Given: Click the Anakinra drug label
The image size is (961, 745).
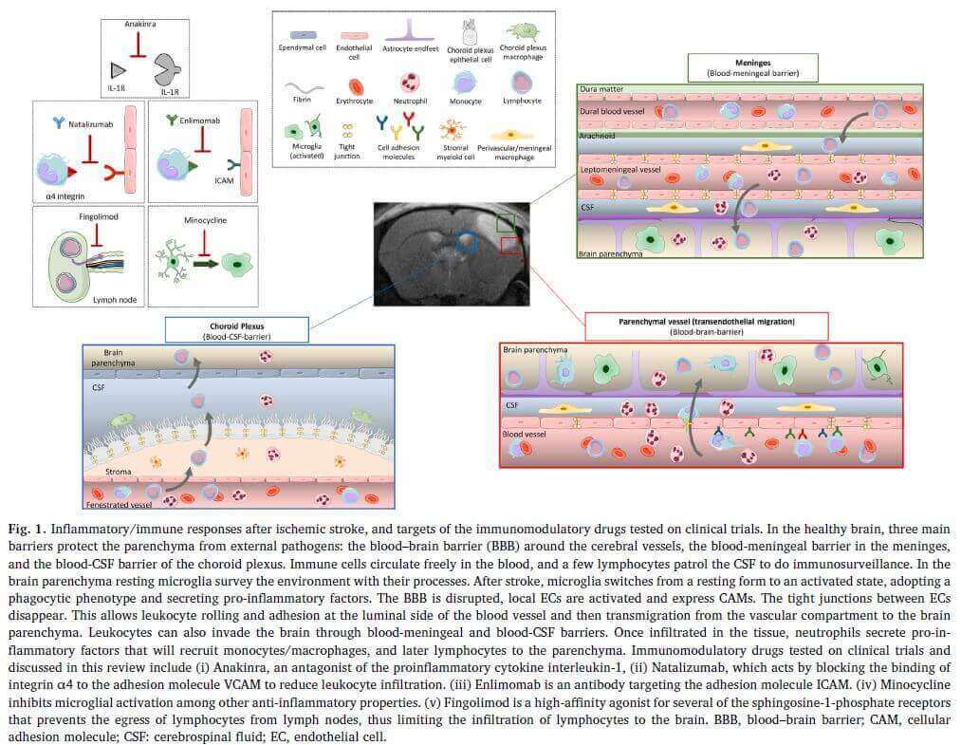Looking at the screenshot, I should tap(139, 25).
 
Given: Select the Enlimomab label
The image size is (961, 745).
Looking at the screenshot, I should tap(200, 121).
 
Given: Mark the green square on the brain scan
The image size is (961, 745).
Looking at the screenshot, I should tap(507, 222).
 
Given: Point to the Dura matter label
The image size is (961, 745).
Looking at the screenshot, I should tap(601, 88).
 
